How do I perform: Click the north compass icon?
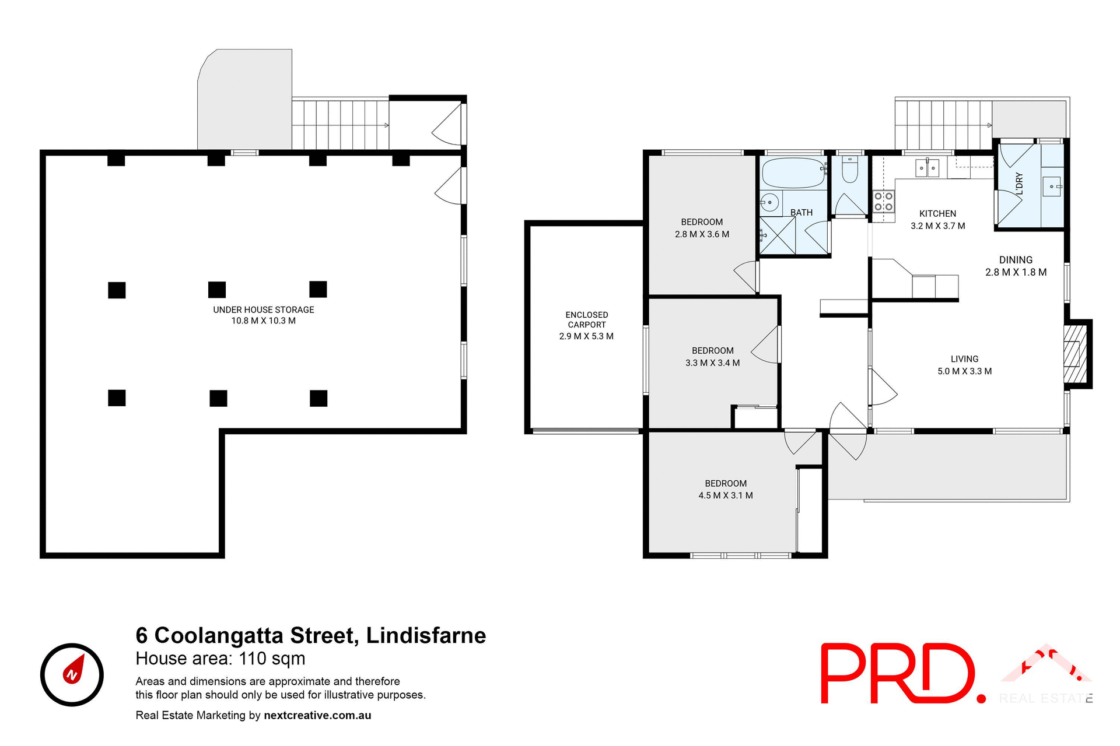point(72,675)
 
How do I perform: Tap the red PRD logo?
point(902,674)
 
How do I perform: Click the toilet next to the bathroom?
point(850,170)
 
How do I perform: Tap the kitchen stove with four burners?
point(883,202)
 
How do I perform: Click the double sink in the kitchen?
point(927,168)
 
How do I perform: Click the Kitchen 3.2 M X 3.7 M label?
point(937,220)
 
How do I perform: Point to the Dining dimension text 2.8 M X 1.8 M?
point(1016,272)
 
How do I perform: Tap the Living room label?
point(964,359)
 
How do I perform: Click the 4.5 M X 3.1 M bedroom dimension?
point(726,495)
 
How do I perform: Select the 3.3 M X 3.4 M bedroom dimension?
point(712,363)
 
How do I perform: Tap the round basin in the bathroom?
point(770,203)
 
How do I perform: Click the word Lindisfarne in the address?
point(426,635)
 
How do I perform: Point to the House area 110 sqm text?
point(220,659)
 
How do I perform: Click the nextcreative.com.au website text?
point(317,715)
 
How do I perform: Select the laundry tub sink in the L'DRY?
point(1052,186)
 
